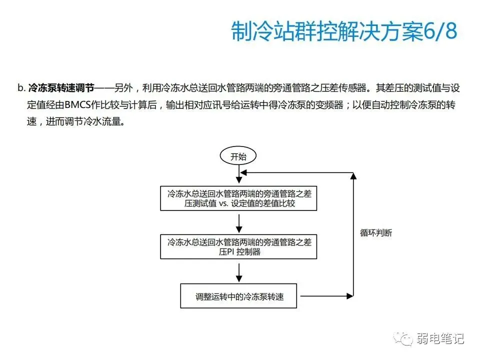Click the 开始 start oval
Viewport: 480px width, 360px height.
click(238, 156)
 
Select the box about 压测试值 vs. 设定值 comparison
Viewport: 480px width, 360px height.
click(238, 198)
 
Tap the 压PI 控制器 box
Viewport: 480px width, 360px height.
click(238, 246)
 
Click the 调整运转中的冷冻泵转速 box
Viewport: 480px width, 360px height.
click(239, 296)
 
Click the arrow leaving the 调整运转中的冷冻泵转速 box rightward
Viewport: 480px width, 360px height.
click(325, 296)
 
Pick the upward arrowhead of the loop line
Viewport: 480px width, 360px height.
click(353, 176)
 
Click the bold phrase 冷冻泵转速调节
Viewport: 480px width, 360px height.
click(61, 88)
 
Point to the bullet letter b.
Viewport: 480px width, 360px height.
click(20, 88)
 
